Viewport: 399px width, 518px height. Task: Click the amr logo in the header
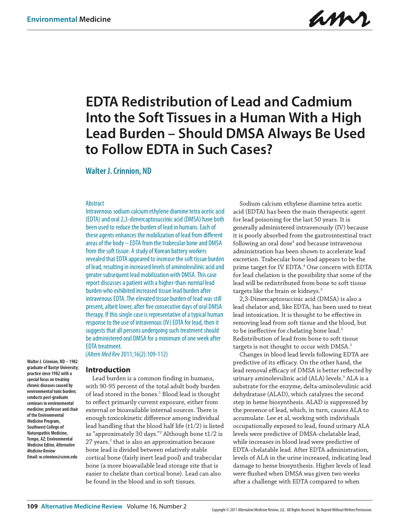click(x=339, y=19)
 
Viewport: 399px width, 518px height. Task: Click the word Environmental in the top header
click(x=52, y=19)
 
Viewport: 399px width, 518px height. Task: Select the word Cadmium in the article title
click(x=322, y=102)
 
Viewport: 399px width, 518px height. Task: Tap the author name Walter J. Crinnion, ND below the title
click(x=118, y=171)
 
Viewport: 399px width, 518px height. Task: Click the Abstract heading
click(x=95, y=203)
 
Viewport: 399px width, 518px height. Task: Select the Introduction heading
click(x=108, y=370)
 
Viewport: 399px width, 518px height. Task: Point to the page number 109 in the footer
click(x=32, y=506)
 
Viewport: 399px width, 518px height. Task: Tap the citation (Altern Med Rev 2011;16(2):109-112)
click(x=127, y=354)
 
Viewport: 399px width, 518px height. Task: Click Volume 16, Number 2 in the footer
click(x=156, y=506)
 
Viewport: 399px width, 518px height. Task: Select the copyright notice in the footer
click(x=292, y=510)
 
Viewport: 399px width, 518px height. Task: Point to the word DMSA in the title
click(x=245, y=134)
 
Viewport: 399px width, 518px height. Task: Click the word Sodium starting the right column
click(x=250, y=204)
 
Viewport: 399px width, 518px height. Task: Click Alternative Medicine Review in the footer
click(x=82, y=506)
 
